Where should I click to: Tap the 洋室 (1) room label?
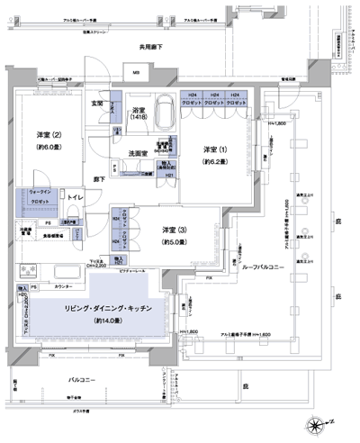pos(213,149)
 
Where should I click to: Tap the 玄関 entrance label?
pos(96,104)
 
